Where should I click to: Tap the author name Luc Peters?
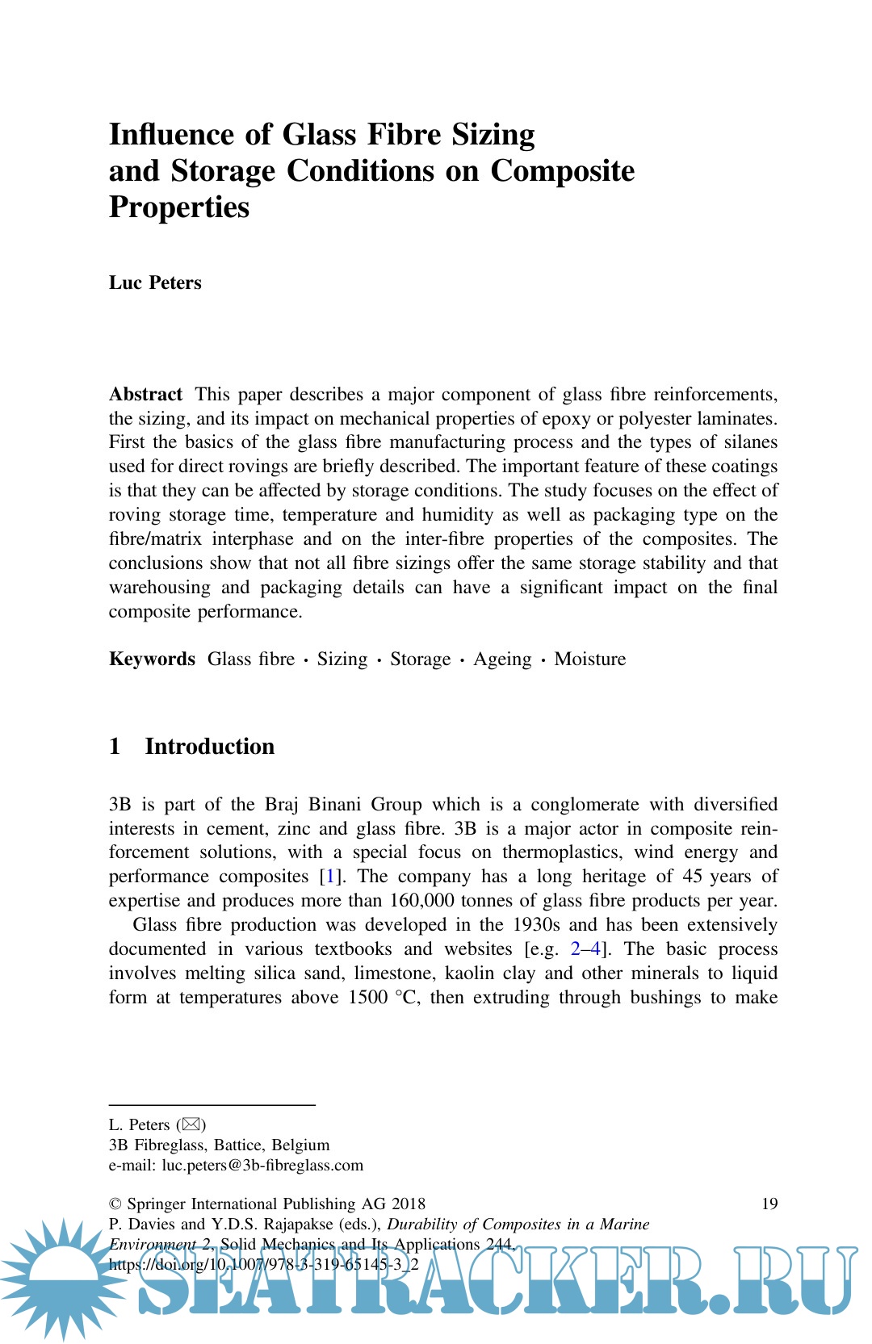click(x=155, y=283)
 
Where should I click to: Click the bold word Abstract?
click(x=145, y=394)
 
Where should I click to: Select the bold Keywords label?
click(x=152, y=659)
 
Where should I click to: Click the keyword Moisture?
click(x=589, y=659)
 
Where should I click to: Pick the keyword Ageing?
click(x=502, y=659)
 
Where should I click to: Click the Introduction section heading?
click(x=209, y=746)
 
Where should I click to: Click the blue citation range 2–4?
click(x=585, y=949)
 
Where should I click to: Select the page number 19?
click(x=769, y=1204)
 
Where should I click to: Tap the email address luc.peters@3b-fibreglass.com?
click(x=262, y=1165)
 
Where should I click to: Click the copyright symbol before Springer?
click(x=115, y=1204)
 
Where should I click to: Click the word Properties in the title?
click(x=179, y=207)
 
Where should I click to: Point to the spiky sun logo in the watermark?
click(x=61, y=1279)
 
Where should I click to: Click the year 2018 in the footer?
click(x=409, y=1204)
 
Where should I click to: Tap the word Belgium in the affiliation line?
click(x=300, y=1145)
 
